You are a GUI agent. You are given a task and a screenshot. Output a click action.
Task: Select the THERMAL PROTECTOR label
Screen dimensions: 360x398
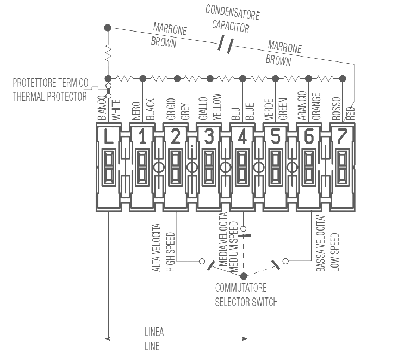(49, 97)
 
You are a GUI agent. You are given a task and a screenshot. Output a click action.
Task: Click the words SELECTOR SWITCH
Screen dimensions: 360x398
(246, 302)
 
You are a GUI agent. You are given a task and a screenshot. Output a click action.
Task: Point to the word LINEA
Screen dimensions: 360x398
(154, 332)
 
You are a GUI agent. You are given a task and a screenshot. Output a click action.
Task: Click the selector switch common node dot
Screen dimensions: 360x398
(243, 276)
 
